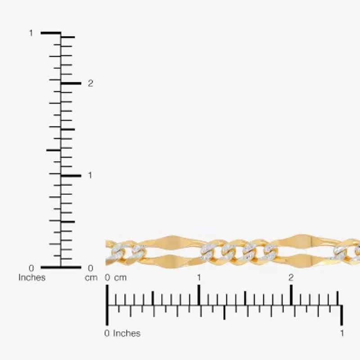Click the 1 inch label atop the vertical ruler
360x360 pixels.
tap(31, 33)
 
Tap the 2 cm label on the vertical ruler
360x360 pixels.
tap(90, 83)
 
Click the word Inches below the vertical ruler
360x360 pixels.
tap(32, 278)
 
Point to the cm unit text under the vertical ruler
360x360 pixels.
tap(91, 278)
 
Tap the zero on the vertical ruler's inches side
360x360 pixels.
tap(31, 268)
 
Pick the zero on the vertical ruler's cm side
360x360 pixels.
tap(90, 268)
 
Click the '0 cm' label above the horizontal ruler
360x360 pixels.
tap(117, 278)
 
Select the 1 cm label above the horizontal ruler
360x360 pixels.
tap(199, 278)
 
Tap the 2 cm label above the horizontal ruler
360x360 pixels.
tap(291, 278)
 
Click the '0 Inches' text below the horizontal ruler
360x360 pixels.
tap(122, 333)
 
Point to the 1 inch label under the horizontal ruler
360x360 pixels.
tap(342, 333)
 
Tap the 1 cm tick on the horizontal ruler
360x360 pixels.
tap(199, 295)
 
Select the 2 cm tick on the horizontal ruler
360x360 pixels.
tap(291, 295)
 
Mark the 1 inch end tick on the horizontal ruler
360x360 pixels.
tap(342, 315)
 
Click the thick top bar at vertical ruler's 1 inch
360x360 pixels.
tap(51, 33)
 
